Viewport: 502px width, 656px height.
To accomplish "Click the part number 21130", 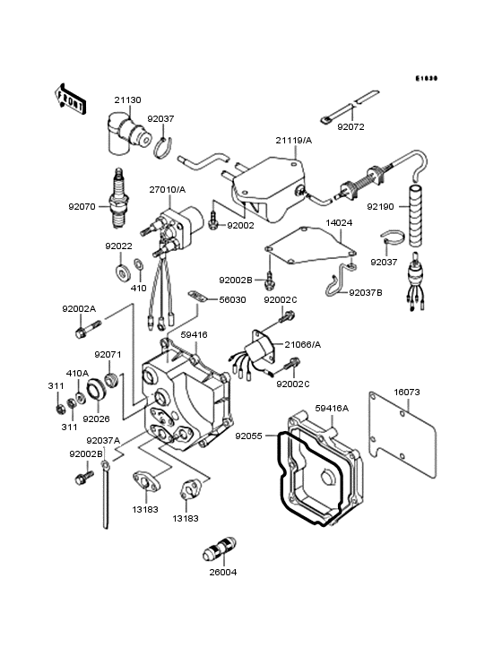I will pos(128,101).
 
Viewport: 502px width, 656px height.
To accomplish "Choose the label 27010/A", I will pos(168,190).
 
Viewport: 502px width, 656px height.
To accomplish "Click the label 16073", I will pos(408,392).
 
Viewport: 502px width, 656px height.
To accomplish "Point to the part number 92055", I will pos(250,436).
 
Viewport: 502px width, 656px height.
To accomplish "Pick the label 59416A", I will pos(332,409).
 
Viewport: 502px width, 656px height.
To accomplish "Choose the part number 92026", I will pos(96,418).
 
